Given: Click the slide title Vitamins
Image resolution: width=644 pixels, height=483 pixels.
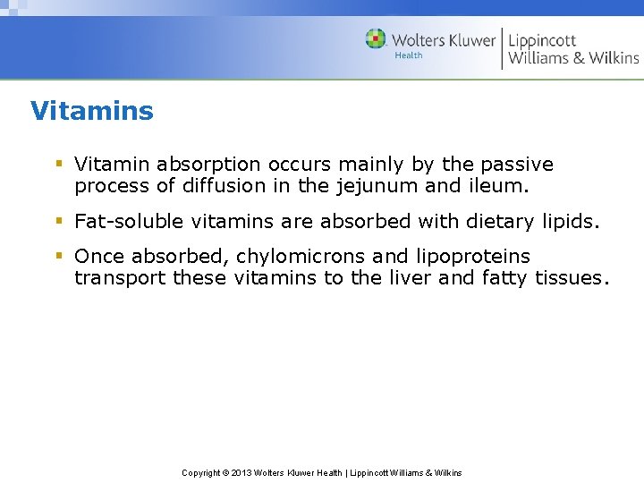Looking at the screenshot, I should coord(91,111).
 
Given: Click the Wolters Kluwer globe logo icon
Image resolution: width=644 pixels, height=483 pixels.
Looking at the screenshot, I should coord(376,38).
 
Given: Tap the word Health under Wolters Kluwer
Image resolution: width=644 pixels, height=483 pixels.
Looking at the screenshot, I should coord(408,55).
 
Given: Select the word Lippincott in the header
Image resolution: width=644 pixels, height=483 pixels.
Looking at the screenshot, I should coord(542,40).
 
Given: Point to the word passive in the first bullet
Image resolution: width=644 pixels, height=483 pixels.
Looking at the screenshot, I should coord(517,165).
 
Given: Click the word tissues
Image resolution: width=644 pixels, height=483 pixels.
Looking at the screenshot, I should coord(572,278).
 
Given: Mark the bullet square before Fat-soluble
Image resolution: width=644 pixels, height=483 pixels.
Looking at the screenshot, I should coord(58,220).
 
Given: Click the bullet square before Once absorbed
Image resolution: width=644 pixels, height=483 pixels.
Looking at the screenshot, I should coord(58,256).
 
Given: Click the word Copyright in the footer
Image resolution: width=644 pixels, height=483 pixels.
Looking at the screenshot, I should coord(201,472).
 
